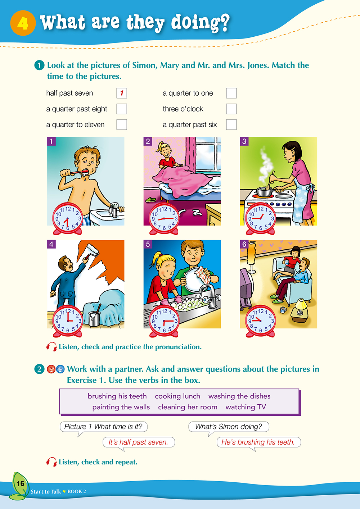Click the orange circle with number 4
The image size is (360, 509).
point(23,23)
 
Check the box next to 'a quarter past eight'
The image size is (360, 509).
point(122,109)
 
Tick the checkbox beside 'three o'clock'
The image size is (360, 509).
point(231,109)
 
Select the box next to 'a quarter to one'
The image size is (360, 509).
point(231,93)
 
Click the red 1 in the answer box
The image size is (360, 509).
point(122,93)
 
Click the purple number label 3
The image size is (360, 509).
point(244,141)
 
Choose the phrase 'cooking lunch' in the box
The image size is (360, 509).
point(177,396)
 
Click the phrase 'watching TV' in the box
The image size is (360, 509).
point(246,407)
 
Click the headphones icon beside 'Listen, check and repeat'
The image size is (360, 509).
point(51,462)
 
